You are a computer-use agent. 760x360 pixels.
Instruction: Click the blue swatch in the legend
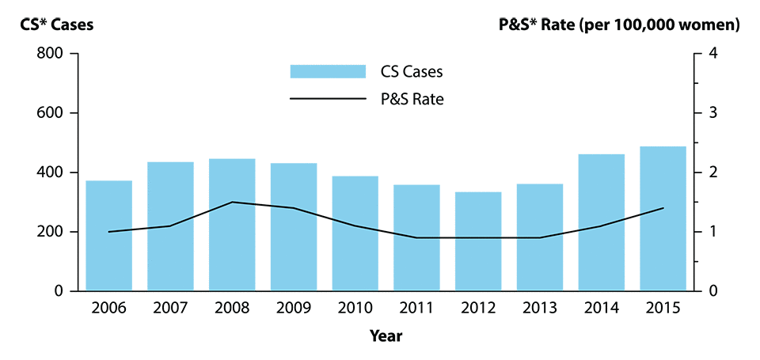tap(328, 71)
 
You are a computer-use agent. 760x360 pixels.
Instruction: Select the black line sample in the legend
tap(328, 100)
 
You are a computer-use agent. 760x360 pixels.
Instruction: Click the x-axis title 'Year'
tap(386, 336)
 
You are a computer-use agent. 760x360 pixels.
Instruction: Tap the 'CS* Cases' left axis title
tap(57, 25)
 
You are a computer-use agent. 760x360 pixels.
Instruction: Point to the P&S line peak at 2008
tap(232, 202)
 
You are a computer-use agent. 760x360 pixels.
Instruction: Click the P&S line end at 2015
tap(663, 208)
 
